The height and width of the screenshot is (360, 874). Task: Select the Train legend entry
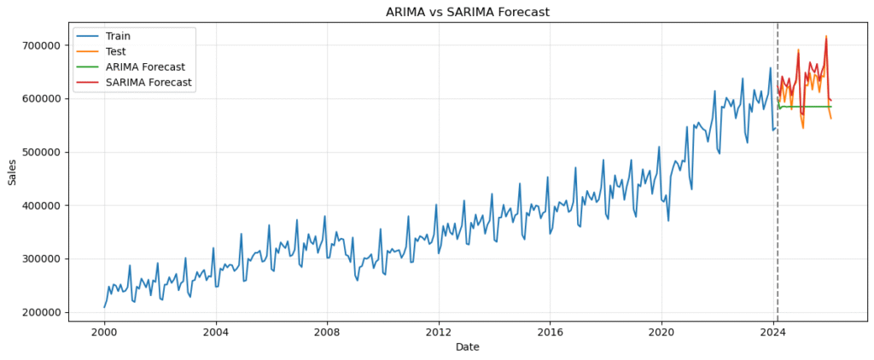pos(118,36)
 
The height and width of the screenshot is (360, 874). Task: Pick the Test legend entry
pos(115,51)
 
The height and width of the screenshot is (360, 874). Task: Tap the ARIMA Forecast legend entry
pos(145,67)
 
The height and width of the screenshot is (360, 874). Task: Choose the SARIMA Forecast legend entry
pos(149,83)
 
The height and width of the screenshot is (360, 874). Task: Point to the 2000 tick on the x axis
pos(104,332)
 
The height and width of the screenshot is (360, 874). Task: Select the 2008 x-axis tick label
pos(327,332)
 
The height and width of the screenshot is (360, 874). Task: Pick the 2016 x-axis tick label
pos(550,332)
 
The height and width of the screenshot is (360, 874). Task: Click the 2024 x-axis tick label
pos(772,332)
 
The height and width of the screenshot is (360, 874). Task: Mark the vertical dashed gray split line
pos(778,213)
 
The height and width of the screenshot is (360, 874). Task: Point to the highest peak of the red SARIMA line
pos(826,37)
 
